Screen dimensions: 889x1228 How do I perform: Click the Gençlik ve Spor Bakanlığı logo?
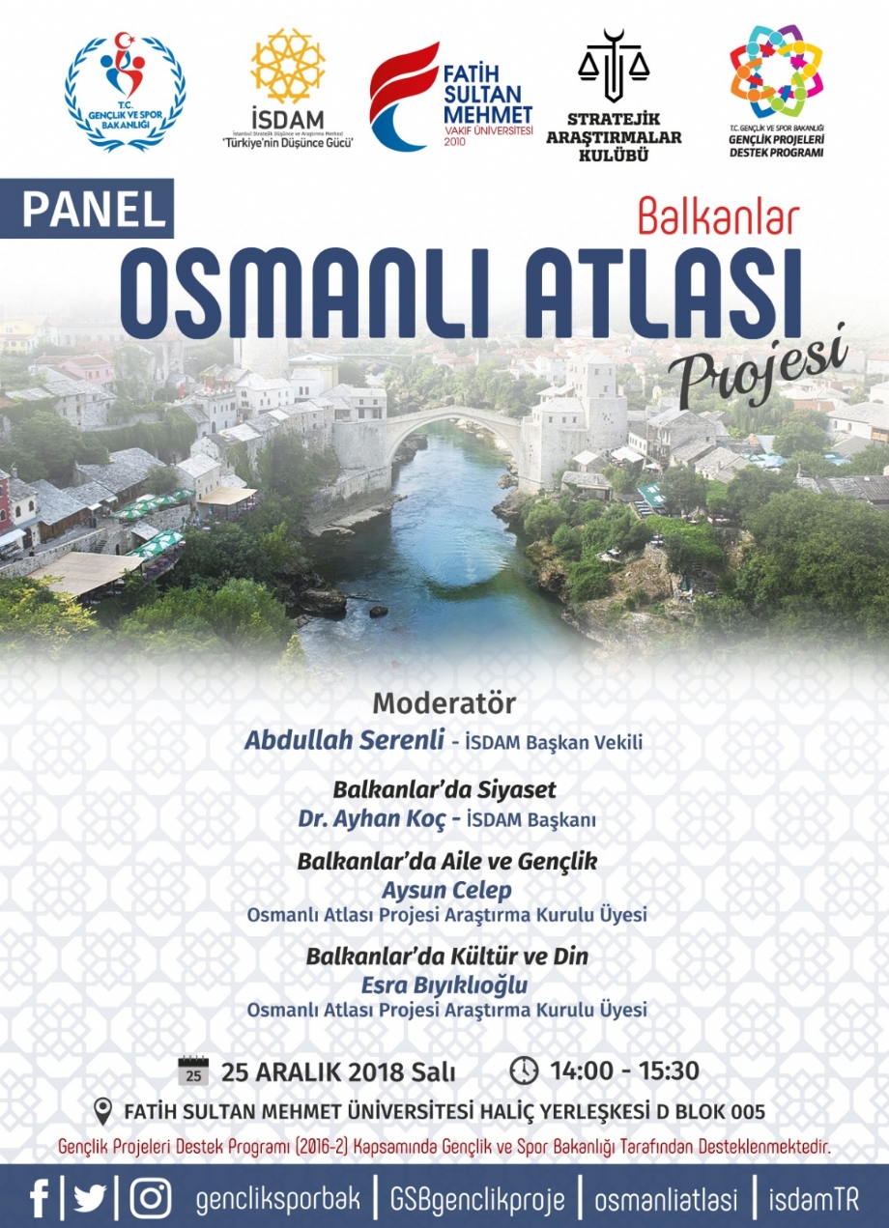125,92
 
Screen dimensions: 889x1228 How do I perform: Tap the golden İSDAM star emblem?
287,66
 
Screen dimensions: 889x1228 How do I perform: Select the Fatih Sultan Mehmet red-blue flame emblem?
403,97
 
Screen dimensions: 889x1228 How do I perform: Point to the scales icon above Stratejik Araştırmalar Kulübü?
614,67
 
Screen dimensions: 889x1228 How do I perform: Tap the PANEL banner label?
87,209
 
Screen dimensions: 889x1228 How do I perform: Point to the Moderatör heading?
444,704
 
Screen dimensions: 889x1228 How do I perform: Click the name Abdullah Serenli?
344,741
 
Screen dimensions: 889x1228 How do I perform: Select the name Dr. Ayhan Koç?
372,819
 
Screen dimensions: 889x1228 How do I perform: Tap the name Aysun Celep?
446,891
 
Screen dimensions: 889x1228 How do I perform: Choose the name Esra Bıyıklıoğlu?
444,985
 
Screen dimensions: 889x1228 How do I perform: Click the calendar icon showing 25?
193,1071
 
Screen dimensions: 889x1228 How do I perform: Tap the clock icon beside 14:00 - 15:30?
525,1071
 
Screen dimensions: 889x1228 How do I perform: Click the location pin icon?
103,1111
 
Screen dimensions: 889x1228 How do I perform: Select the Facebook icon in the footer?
40,1195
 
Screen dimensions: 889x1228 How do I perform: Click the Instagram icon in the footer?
151,1195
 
